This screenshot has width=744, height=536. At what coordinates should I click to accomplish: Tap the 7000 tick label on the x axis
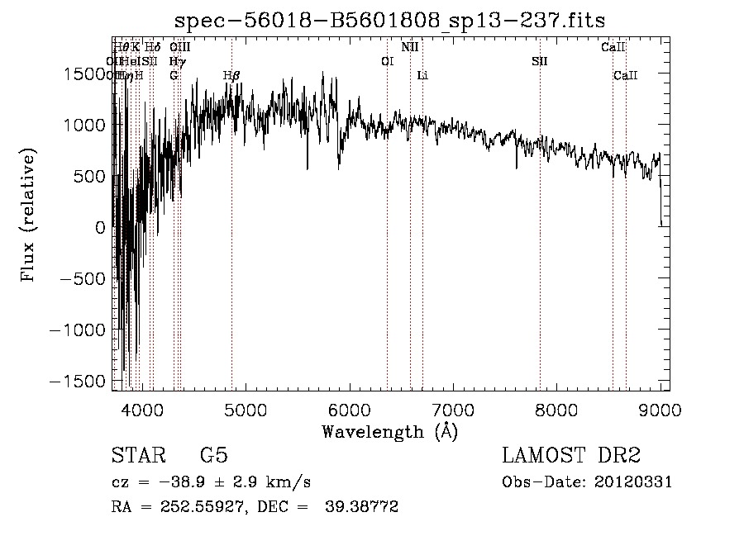[x=452, y=409]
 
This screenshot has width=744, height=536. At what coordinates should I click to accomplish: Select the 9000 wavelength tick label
[x=660, y=409]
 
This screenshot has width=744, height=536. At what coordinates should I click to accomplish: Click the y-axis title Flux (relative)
[x=30, y=216]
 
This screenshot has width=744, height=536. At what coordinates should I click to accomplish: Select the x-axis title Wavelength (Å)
[x=390, y=431]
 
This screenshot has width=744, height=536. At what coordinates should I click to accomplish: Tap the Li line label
[x=422, y=75]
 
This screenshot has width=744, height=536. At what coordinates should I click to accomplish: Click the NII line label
[x=410, y=47]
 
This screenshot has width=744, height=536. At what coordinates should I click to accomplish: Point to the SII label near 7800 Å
[x=540, y=61]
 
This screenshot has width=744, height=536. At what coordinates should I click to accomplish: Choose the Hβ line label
[x=231, y=75]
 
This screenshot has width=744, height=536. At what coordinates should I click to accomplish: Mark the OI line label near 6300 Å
[x=387, y=61]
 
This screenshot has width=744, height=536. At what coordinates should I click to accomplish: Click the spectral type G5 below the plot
[x=213, y=456]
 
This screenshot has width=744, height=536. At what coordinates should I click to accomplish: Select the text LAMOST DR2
[x=571, y=456]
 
